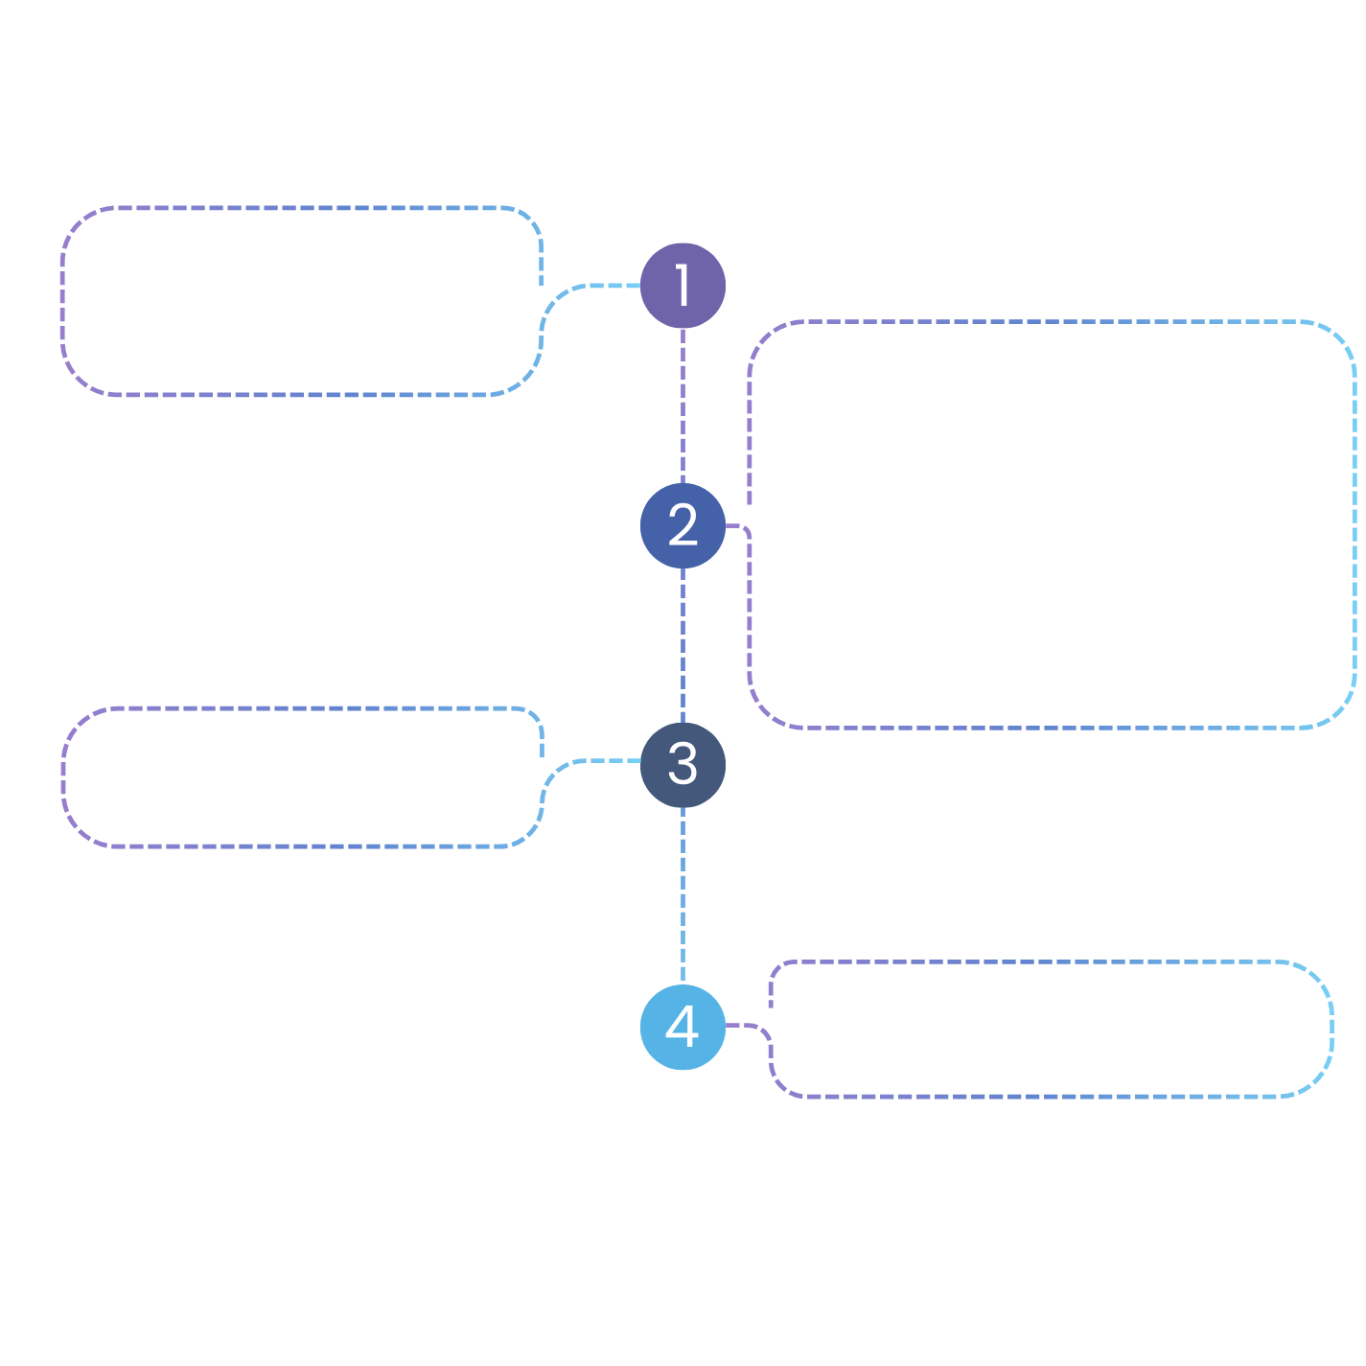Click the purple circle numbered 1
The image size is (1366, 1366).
(683, 286)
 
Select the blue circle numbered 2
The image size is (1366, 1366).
(683, 526)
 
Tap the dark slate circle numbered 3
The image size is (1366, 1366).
(683, 765)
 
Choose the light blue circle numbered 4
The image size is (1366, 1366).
(683, 1028)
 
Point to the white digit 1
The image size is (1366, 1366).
(682, 285)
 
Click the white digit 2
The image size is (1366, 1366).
(683, 524)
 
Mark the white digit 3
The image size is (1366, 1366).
(683, 763)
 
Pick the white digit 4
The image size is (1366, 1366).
(682, 1026)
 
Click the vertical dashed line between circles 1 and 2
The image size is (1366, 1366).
(683, 405)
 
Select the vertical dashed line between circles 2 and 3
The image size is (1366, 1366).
(683, 645)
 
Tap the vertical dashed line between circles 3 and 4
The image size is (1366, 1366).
(683, 896)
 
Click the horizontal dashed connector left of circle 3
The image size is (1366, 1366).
(614, 760)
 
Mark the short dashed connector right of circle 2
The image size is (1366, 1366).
(734, 526)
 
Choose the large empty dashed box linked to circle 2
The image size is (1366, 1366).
(1052, 524)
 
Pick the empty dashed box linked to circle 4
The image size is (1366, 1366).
(1052, 1030)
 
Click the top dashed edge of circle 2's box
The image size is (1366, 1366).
(1052, 322)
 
